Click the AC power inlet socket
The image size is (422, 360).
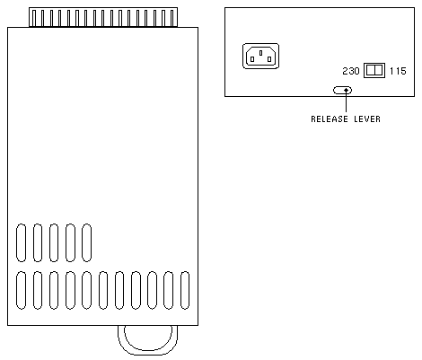260,56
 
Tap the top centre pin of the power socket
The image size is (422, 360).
261,53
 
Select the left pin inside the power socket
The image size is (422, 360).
252,59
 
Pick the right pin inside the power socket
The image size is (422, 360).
269,59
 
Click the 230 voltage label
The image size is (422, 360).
351,71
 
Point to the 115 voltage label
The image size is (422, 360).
398,71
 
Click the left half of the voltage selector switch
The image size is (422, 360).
371,70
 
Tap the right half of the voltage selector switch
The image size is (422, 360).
378,70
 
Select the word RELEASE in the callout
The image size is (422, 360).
330,119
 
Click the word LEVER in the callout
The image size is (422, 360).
367,119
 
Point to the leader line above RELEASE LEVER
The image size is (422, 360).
347,102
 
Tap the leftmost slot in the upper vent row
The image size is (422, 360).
21,242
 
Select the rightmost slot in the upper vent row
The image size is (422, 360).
86,242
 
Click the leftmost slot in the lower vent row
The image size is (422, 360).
21,290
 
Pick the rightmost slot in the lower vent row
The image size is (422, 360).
185,290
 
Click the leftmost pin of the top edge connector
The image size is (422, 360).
34,19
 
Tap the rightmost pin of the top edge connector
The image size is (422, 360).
172,19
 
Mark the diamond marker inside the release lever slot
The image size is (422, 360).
347,90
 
